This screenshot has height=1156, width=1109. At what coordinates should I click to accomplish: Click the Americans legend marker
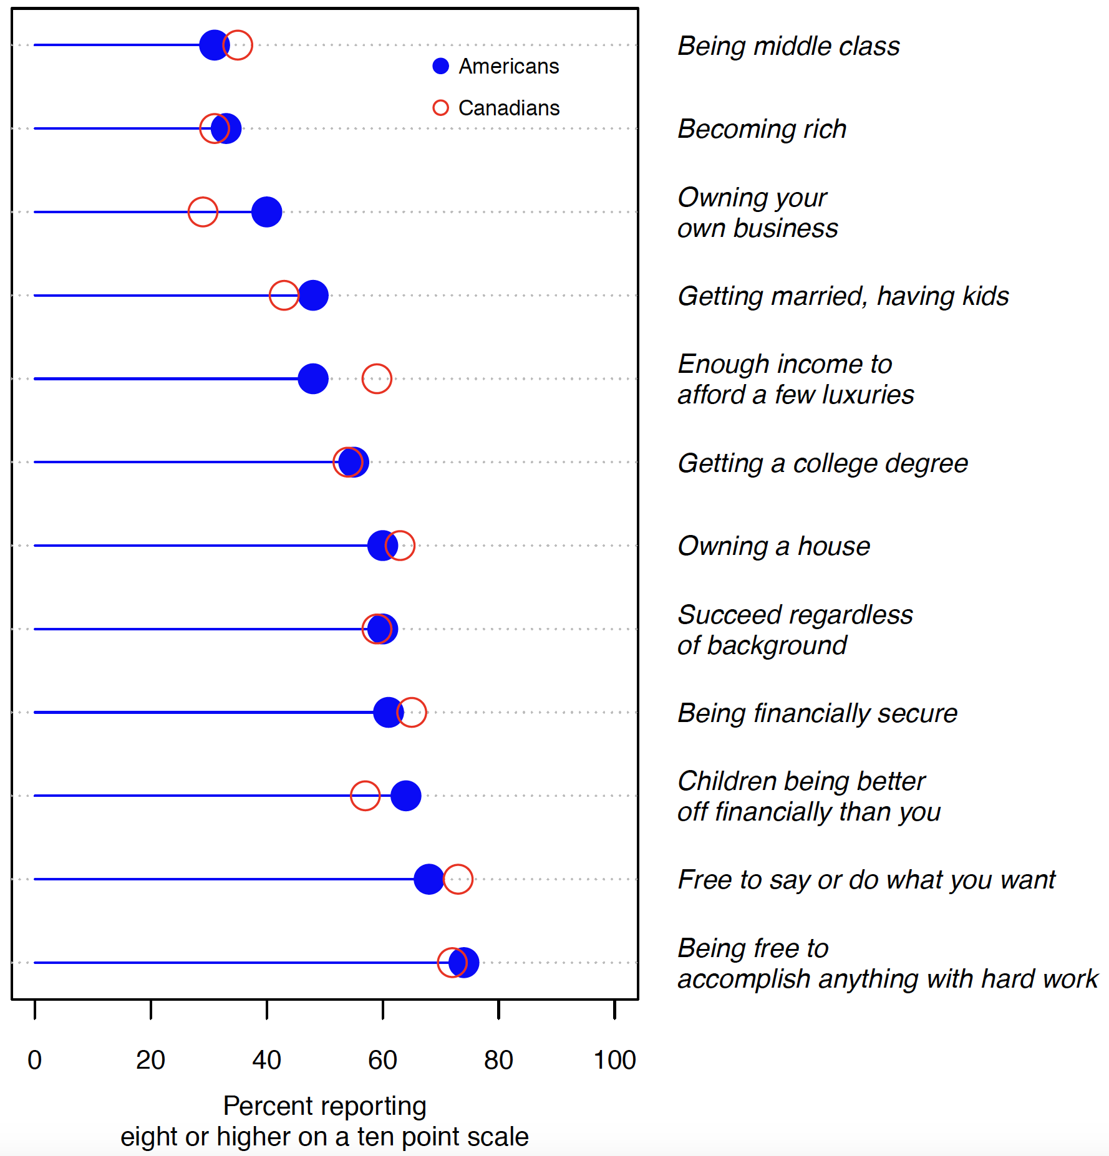tap(440, 66)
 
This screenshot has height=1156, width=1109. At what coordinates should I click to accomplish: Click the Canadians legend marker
tap(440, 108)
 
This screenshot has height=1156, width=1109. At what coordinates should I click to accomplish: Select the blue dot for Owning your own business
tap(266, 212)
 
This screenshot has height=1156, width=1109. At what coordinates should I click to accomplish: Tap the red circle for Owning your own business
tap(203, 212)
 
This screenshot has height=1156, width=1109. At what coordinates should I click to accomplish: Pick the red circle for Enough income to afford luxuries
tap(377, 378)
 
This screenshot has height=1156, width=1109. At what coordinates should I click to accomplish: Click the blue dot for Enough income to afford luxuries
tap(313, 378)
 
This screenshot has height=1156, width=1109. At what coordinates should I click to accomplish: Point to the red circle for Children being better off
tap(365, 796)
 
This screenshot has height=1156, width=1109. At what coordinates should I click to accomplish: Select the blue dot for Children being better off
tap(406, 796)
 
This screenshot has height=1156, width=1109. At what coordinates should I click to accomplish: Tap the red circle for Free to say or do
tap(458, 879)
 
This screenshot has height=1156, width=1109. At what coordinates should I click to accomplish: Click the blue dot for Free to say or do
tap(429, 879)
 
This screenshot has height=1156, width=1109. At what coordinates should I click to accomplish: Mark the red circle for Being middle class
tap(238, 45)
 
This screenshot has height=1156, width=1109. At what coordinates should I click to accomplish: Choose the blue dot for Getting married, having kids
tap(313, 296)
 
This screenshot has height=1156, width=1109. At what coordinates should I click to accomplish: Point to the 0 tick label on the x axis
tap(35, 1060)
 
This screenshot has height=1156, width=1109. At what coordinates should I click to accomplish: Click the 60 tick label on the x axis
tap(382, 1060)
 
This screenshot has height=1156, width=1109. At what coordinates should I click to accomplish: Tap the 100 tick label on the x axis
tap(614, 1060)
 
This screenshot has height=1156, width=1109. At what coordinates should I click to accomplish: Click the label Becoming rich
tap(762, 129)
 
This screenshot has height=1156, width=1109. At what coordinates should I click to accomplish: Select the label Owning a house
tap(773, 546)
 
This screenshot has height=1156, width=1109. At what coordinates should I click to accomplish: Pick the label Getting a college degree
tap(822, 463)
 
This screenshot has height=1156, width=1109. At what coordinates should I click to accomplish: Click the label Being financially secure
tap(817, 713)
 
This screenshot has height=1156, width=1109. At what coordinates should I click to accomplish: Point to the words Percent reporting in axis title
tap(324, 1105)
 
